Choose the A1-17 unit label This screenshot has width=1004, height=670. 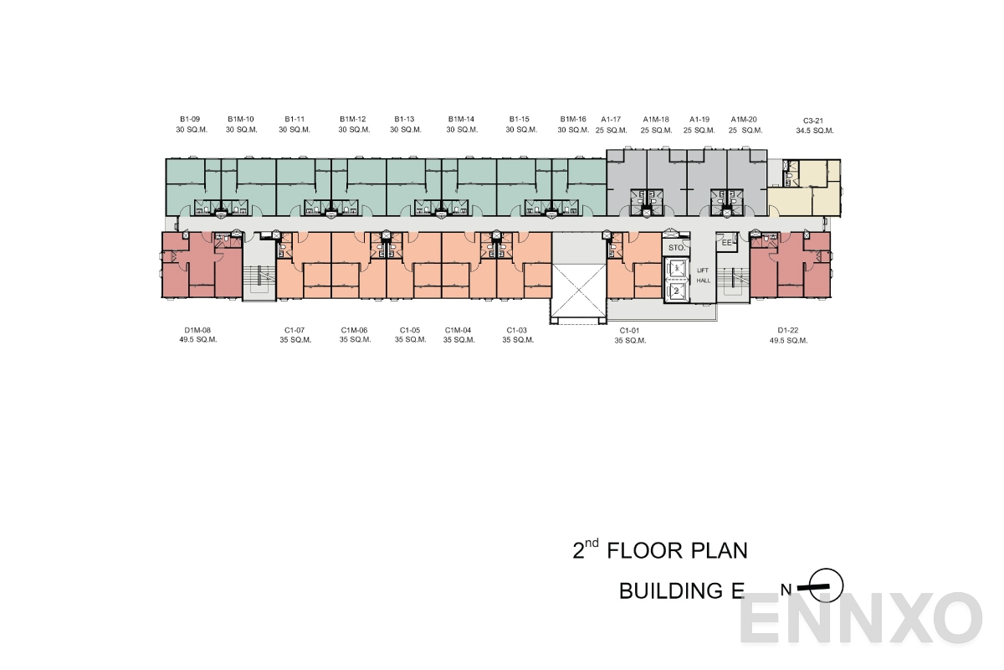click(611, 119)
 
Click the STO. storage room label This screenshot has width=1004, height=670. click(676, 248)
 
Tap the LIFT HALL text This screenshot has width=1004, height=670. click(703, 276)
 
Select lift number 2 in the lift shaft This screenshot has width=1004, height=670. click(676, 290)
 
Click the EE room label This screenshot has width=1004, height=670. click(727, 244)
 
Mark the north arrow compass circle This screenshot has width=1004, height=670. click(827, 586)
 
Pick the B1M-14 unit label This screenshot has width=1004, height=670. click(461, 119)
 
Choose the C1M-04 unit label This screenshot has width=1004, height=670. click(458, 330)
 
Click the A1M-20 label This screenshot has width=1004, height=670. click(744, 119)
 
